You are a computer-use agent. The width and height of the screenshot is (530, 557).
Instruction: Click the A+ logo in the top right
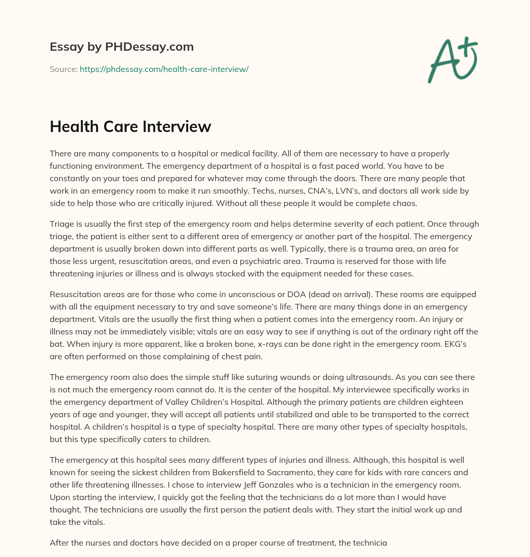point(452,60)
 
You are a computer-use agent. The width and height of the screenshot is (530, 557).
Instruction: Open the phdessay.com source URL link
point(164,69)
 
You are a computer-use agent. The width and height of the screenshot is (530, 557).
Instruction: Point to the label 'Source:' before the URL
point(64,69)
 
